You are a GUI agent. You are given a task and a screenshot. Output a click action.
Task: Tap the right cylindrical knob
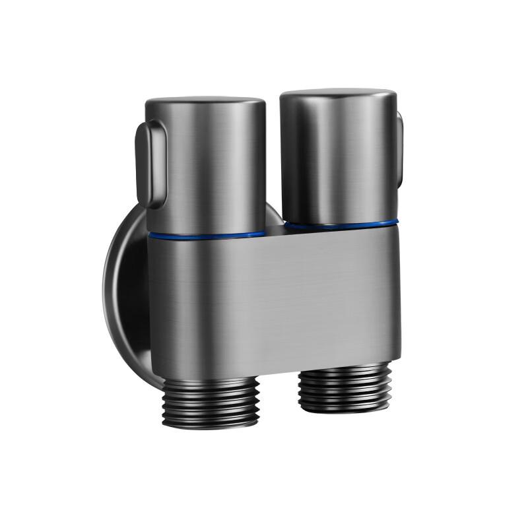338,158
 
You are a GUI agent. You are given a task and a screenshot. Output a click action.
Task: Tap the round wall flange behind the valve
125,297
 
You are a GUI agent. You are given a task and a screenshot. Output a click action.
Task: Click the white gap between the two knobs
273,165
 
